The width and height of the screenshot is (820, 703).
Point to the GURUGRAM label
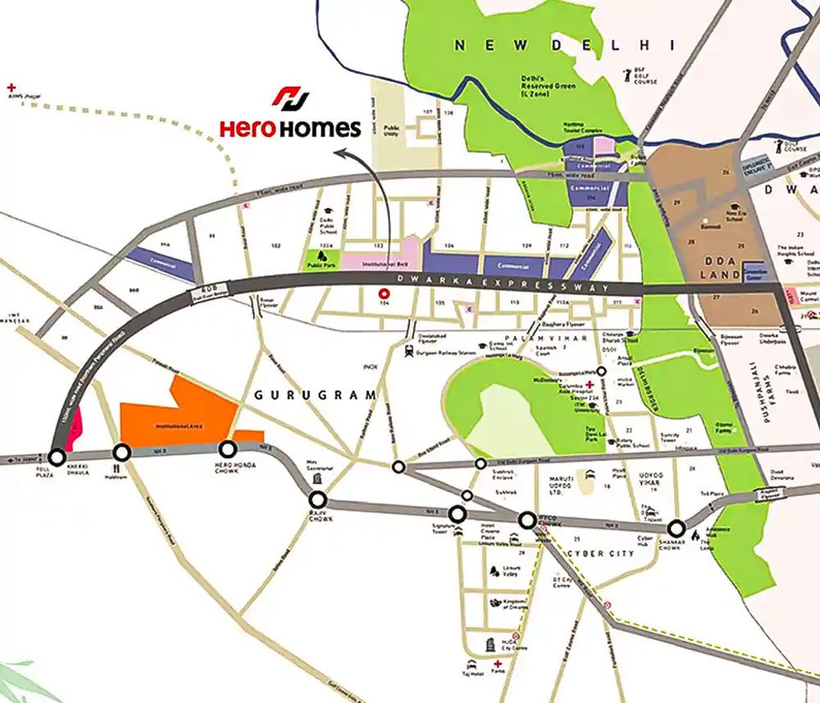coord(315,395)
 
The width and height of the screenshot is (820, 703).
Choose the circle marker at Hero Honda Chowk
coord(227,448)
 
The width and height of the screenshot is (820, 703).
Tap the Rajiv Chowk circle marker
coord(318,500)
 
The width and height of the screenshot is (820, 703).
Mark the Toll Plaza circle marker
coord(57,456)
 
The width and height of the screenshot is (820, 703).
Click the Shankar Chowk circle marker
coord(676,528)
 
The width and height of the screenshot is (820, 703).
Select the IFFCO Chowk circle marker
coord(527,519)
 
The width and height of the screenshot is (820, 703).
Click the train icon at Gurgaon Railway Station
coord(406,350)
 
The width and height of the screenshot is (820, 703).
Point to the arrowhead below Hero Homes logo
coord(339,152)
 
